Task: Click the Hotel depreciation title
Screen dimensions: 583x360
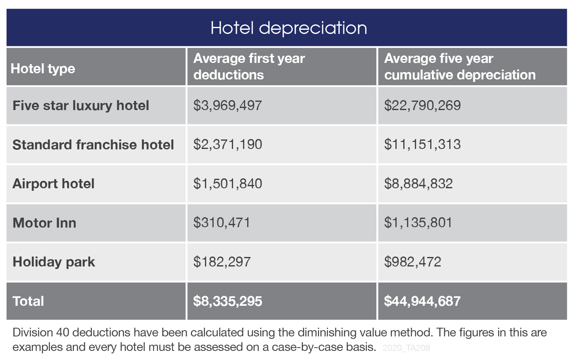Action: point(289,28)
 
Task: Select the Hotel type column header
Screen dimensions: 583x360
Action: point(43,69)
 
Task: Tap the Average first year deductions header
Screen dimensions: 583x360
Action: point(249,67)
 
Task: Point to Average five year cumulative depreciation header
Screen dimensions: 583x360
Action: point(460,67)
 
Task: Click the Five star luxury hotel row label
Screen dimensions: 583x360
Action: point(81,106)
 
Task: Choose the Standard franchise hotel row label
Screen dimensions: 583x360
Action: point(93,145)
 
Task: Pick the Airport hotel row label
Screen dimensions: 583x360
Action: point(53,184)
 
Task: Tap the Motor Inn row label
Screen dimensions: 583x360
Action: point(44,223)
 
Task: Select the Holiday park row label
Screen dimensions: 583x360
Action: point(53,262)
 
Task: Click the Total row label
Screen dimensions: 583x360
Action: point(28,301)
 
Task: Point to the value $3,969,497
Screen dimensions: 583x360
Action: point(227,106)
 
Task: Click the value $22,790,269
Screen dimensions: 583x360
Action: point(422,106)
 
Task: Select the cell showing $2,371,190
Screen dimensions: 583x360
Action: point(227,145)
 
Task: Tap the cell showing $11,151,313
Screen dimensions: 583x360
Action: point(422,145)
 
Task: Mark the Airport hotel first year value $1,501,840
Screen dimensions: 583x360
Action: point(227,184)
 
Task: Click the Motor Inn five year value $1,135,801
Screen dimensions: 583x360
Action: point(418,223)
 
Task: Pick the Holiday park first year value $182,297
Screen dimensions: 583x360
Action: point(222,262)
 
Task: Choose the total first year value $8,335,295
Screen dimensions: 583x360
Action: point(227,301)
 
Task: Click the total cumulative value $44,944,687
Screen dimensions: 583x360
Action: point(422,301)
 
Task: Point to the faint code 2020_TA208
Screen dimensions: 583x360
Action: point(406,348)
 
